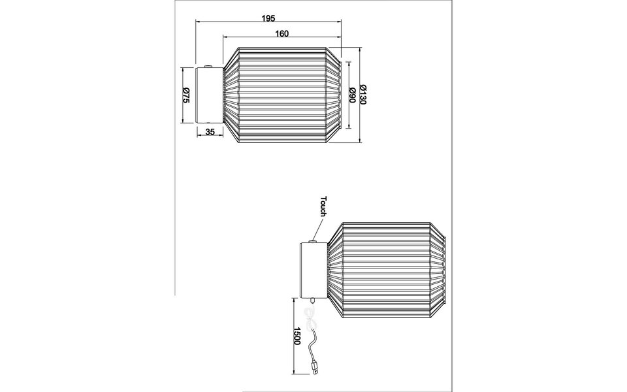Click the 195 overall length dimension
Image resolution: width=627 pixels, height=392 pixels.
pos(267,18)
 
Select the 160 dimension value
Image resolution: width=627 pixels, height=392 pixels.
pos(282,33)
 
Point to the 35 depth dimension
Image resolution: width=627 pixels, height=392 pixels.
pos(210,132)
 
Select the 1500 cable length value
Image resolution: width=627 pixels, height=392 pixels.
pos(297,336)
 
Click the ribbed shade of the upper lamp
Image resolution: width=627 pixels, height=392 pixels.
pos(282,95)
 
